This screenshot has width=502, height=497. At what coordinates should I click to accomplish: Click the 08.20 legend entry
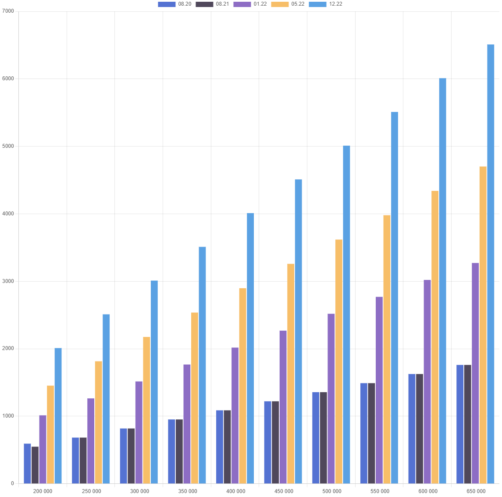(x=174, y=4)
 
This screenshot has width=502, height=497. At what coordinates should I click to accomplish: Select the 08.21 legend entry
(x=212, y=4)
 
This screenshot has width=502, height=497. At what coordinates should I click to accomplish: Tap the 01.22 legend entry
(x=250, y=4)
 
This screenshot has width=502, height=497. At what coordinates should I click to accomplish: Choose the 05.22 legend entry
(x=288, y=4)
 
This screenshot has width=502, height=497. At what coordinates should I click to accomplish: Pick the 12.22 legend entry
(x=325, y=4)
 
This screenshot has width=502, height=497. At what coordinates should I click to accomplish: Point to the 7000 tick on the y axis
(x=8, y=11)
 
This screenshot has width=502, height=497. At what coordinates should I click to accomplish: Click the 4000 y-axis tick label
(x=8, y=214)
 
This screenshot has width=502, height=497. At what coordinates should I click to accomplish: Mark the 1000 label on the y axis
(x=8, y=416)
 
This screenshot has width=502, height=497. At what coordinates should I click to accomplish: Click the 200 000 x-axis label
(x=43, y=491)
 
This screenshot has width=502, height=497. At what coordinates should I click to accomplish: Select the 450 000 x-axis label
(x=284, y=491)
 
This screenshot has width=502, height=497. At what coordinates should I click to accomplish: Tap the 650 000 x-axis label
(x=476, y=491)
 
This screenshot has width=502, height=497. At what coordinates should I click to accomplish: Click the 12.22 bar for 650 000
(x=491, y=263)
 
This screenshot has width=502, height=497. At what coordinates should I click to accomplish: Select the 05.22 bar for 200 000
(x=50, y=434)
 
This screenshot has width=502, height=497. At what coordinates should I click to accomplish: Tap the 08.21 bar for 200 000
(x=35, y=465)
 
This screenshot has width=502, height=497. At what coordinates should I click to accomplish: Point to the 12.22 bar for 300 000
(x=154, y=382)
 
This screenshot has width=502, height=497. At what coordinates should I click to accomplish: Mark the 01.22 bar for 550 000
(x=379, y=390)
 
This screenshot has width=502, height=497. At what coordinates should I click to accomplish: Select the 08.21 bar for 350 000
(x=179, y=451)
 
